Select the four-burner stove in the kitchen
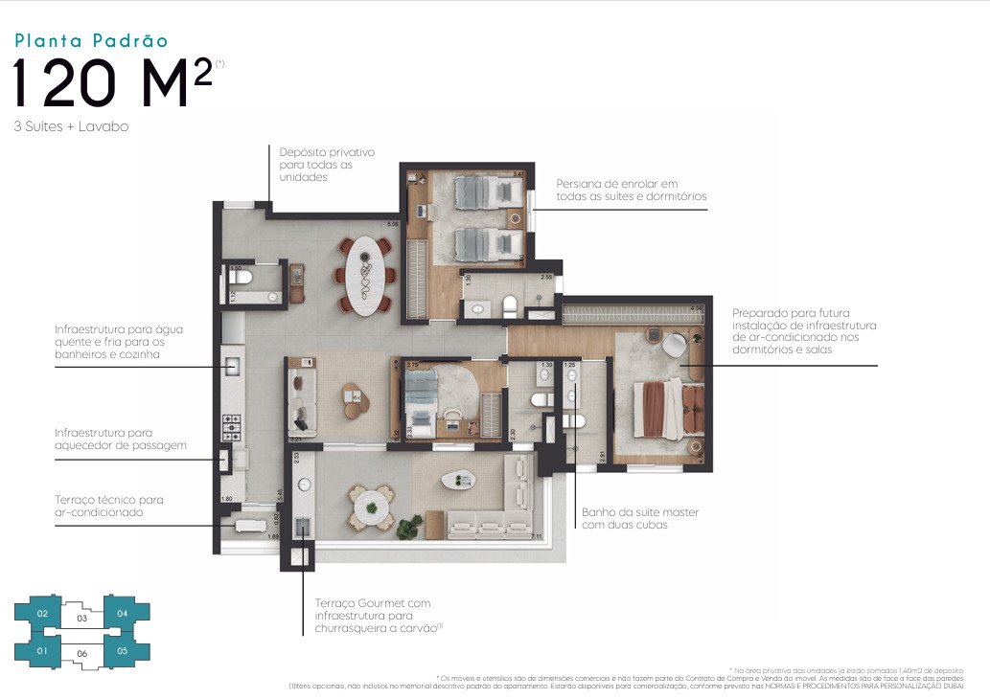232,424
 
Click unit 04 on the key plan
122,613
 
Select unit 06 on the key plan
82,653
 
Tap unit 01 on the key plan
42,652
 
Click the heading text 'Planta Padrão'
91,40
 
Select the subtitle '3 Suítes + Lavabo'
71,126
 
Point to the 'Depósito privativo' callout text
326,164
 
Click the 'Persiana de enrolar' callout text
631,190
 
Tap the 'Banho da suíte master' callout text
639,518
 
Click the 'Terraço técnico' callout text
108,506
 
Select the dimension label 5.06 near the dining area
391,225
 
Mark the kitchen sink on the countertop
231,365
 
